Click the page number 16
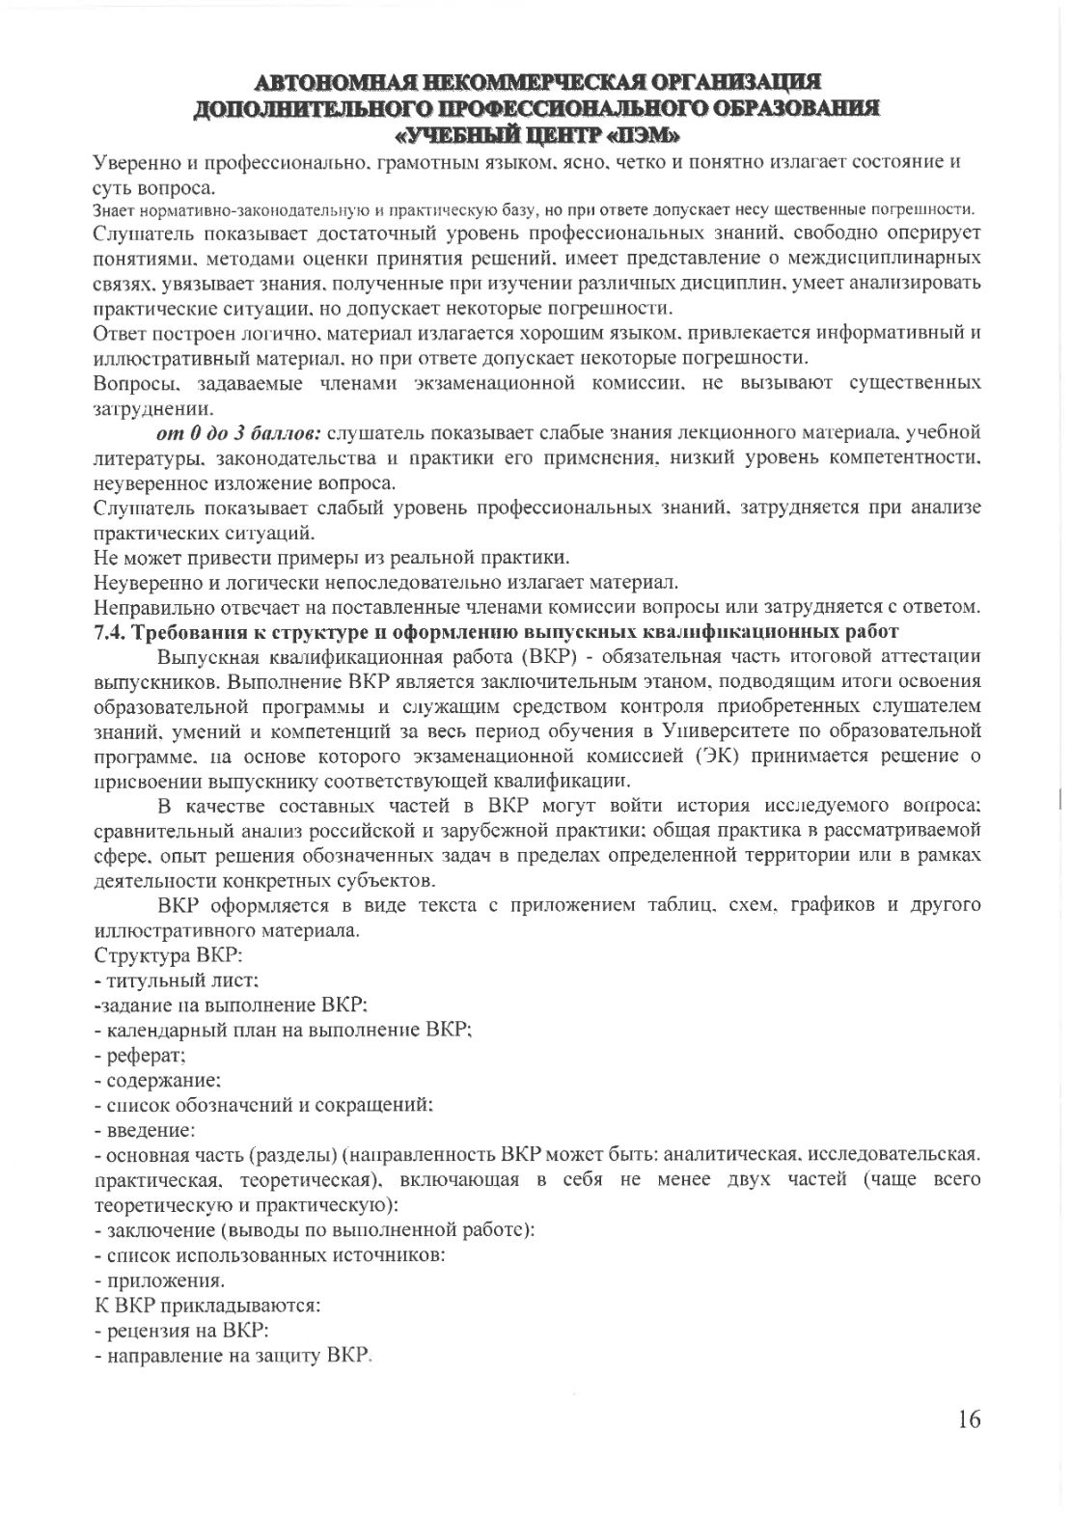[969, 1418]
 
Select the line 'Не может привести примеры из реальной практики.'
[331, 557]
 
